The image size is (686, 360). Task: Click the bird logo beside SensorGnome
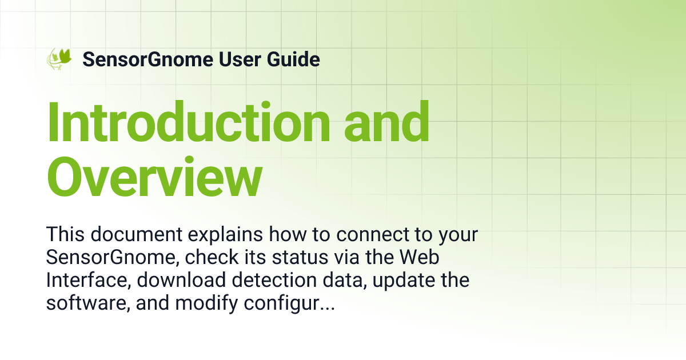pos(59,59)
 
